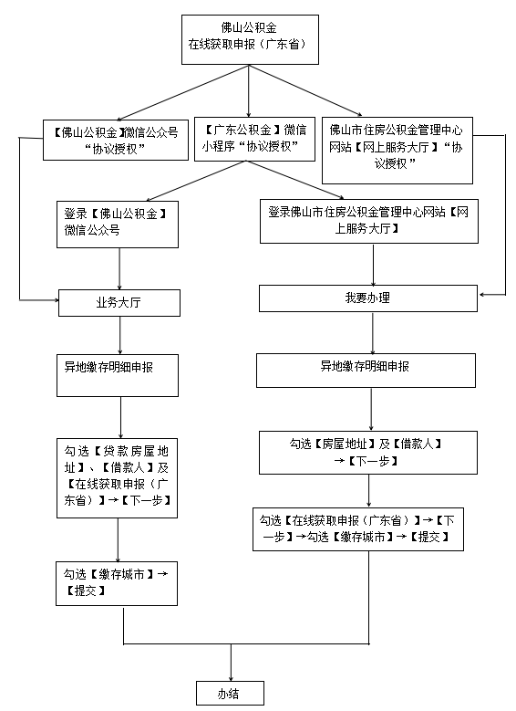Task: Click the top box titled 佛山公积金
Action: pos(250,39)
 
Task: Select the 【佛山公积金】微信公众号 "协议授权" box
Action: pos(116,140)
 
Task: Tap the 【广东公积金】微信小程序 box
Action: pos(254,140)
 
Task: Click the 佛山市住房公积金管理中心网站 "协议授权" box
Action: pos(397,151)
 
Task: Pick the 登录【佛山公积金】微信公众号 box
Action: pos(118,225)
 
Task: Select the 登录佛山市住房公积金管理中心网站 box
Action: pos(368,221)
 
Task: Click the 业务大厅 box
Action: pos(119,303)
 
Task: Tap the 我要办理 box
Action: pos(368,298)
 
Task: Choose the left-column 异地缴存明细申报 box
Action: pos(118,375)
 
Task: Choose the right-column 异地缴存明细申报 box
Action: pos(366,371)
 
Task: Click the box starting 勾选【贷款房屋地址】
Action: pos(117,478)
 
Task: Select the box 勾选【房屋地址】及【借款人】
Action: pos(368,453)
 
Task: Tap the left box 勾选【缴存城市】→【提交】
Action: pos(117,583)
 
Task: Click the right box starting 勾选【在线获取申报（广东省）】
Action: pos(358,529)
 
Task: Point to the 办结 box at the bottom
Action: pos(230,694)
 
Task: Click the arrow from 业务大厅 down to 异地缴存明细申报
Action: pos(120,336)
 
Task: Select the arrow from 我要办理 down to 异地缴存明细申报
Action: pos(373,333)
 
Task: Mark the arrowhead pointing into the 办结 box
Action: pos(231,678)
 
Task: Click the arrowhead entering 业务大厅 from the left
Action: pos(57,299)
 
